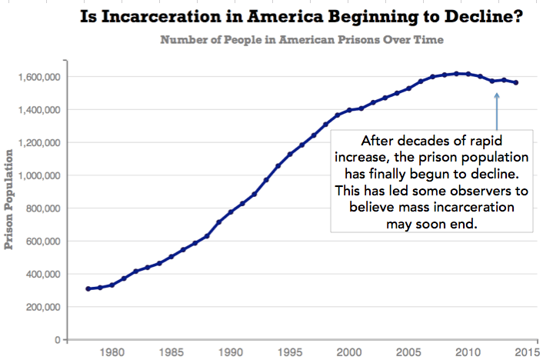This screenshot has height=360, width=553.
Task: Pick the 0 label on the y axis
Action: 57,339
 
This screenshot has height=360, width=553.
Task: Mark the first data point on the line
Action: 88,288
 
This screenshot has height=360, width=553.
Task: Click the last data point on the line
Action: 516,83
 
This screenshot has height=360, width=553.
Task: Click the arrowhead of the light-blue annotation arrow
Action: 497,95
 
